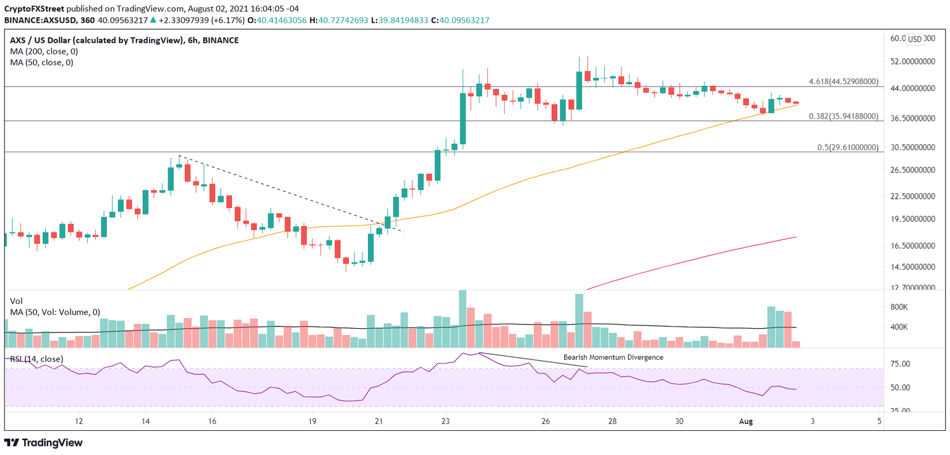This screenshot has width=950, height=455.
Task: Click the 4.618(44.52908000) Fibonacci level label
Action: [x=843, y=82]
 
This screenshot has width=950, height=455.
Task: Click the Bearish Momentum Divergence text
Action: [x=613, y=357]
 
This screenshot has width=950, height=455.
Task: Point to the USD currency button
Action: [x=914, y=39]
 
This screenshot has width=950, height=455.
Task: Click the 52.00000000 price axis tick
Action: [x=913, y=62]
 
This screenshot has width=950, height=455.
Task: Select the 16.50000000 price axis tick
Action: [x=913, y=246]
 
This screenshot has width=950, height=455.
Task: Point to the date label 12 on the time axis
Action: [x=79, y=421]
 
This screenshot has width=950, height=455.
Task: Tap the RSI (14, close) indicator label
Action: [x=36, y=359]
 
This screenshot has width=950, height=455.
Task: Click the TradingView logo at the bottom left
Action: [x=43, y=443]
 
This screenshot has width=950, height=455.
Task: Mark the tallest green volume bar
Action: [x=462, y=319]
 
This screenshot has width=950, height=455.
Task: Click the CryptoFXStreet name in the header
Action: [x=34, y=9]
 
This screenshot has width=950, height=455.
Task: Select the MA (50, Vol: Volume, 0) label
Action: [x=55, y=313]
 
